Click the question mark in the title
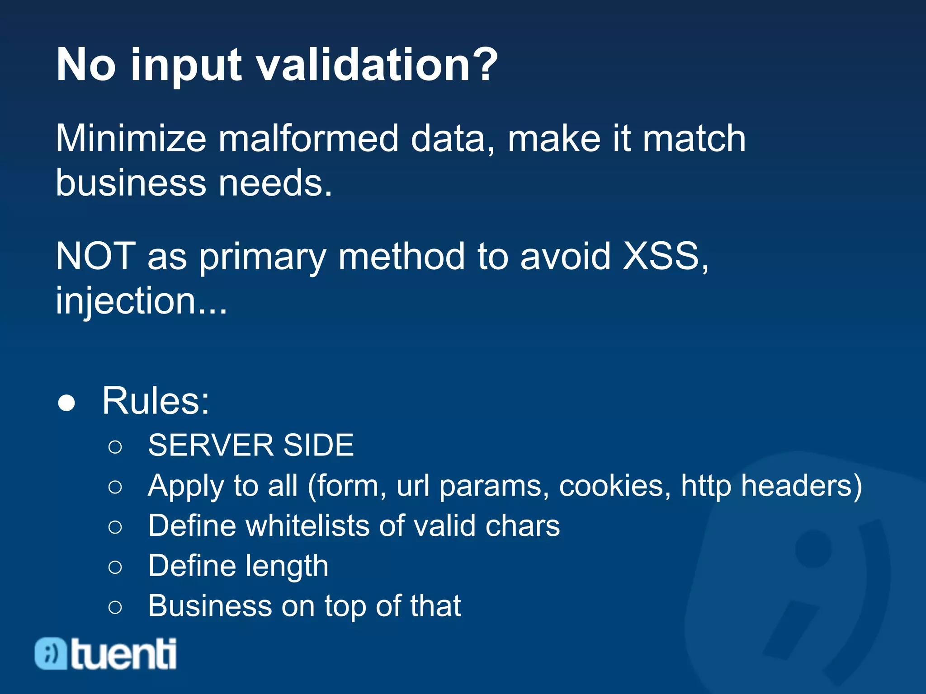pyautogui.click(x=483, y=64)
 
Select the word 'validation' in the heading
pyautogui.click(x=364, y=64)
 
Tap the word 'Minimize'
pyautogui.click(x=131, y=138)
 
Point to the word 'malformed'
pyautogui.click(x=309, y=138)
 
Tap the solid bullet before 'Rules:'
pyautogui.click(x=66, y=402)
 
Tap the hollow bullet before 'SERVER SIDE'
pyautogui.click(x=115, y=447)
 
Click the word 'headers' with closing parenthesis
pyautogui.click(x=801, y=486)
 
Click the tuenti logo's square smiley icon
pyautogui.click(x=51, y=653)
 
